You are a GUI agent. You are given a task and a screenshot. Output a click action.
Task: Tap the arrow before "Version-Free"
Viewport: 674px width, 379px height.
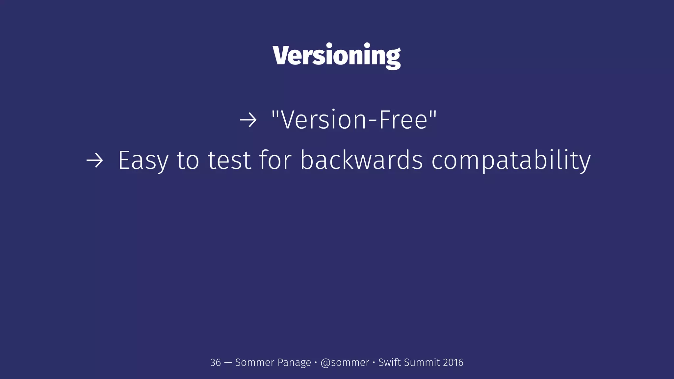[x=248, y=120]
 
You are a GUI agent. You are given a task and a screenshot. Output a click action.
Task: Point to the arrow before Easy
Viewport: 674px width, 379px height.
[x=95, y=161]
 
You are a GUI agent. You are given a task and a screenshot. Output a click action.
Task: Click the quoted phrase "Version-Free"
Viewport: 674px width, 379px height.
[x=354, y=120]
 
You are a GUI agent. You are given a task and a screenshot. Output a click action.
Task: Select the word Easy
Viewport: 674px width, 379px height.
[x=143, y=161]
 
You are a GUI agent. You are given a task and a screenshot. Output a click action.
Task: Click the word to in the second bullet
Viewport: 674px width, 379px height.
[x=188, y=160]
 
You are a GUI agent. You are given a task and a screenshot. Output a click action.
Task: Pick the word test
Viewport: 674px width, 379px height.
[x=230, y=160]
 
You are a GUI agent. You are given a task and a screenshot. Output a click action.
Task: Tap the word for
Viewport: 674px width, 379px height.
[x=275, y=160]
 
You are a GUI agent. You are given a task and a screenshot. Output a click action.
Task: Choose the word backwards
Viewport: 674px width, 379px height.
[x=361, y=160]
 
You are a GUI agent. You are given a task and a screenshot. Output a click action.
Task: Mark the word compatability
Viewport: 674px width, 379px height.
[x=511, y=161]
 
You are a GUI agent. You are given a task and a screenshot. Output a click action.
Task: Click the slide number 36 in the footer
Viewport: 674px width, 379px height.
[x=216, y=363]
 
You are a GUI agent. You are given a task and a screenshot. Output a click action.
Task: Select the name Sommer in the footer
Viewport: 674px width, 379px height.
[x=254, y=363]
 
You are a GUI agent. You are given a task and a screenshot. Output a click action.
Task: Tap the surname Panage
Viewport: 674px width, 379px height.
[x=294, y=363]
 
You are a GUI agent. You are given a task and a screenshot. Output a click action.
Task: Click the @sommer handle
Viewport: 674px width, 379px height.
[x=345, y=363]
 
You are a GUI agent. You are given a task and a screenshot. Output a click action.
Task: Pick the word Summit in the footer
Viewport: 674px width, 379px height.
[x=422, y=362]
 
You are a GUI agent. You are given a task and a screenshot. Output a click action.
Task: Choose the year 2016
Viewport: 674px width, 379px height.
[x=453, y=363]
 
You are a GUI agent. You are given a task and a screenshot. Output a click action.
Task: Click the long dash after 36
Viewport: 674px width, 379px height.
[x=228, y=363]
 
